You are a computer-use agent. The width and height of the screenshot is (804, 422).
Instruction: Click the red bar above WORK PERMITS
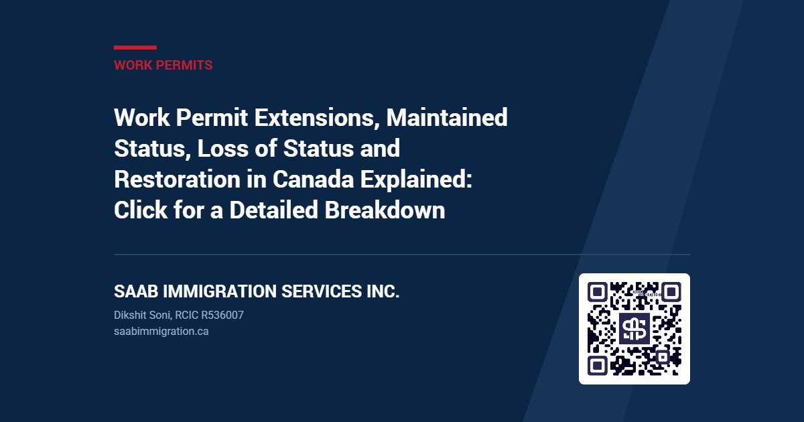[135, 48]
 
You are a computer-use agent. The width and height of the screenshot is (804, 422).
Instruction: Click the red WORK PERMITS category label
[163, 66]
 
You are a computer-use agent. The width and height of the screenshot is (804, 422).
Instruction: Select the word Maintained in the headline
[447, 117]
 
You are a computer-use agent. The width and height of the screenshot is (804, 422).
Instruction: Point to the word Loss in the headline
[223, 148]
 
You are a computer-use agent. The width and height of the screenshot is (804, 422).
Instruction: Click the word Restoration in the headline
[178, 179]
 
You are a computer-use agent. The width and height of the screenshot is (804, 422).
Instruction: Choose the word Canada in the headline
[314, 179]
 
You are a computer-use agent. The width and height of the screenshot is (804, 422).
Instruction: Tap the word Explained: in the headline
[416, 180]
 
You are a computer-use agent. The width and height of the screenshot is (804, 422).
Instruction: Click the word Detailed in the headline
[274, 210]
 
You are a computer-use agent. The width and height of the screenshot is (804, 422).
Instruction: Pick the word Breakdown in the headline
[385, 210]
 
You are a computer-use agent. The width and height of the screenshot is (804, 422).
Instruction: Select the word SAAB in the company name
[136, 291]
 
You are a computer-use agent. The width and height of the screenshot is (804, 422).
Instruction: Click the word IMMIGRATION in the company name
[220, 291]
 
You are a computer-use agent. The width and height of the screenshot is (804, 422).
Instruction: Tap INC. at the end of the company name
[383, 291]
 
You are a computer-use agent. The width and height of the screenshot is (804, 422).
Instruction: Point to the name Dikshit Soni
[143, 315]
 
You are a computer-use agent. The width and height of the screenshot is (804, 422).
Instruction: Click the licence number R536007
[222, 315]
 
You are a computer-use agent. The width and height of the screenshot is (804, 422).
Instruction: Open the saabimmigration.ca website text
[161, 331]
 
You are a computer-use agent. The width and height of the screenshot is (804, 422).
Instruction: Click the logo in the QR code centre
[634, 329]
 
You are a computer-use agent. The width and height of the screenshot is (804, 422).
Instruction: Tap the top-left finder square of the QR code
[597, 292]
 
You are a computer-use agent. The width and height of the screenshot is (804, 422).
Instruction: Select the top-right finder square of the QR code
[671, 292]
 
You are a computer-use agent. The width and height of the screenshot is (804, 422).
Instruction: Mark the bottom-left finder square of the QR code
[597, 366]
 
